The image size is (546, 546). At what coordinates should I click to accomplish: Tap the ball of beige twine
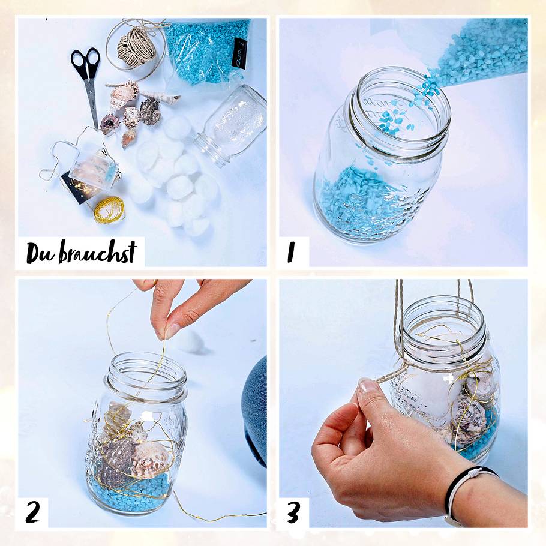click(136, 47)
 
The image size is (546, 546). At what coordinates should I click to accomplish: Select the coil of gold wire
click(109, 209)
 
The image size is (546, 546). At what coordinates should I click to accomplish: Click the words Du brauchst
click(80, 252)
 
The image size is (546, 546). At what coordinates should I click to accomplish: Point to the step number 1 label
click(292, 252)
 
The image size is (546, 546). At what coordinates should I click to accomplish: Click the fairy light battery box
click(93, 171)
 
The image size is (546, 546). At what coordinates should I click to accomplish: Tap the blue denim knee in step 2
click(255, 408)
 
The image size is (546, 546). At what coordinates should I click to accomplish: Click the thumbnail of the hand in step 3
click(368, 387)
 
